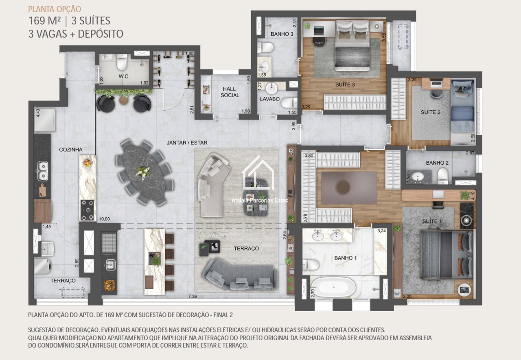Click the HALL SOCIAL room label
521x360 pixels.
coord(230,92)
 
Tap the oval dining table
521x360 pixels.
coord(144,172)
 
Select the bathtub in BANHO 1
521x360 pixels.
coord(333,288)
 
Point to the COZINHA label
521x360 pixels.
coord(71,150)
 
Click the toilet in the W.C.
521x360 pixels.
coord(122,61)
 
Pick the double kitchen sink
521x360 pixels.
coord(43,171)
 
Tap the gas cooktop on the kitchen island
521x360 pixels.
coord(88,210)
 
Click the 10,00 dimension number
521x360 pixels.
coord(105,219)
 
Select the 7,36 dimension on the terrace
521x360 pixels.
coord(193,296)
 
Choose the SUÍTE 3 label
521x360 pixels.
coord(345,85)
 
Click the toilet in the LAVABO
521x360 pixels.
coord(289,103)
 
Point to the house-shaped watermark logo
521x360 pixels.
coord(258,173)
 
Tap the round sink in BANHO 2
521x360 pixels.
coord(418,177)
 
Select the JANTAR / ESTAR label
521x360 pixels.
coord(187,143)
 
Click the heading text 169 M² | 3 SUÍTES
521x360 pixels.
coord(69,21)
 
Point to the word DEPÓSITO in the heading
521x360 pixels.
coord(101,34)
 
